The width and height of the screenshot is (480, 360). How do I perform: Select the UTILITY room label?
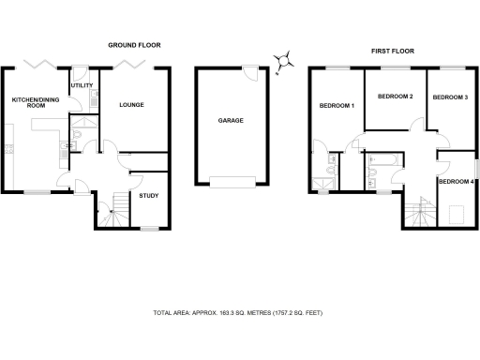coord(82,85)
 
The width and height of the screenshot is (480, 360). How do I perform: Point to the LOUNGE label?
coord(131,104)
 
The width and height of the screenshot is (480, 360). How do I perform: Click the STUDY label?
coord(149,195)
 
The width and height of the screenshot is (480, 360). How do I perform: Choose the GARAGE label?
coord(232,120)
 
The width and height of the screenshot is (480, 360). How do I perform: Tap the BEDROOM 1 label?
coord(337,105)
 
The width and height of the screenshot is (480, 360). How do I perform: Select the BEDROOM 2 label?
coord(395,97)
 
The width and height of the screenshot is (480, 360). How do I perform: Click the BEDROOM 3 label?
coord(449,97)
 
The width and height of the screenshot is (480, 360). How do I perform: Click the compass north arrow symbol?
coord(281,63)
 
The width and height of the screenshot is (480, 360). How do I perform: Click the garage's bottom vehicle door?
coord(232,181)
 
